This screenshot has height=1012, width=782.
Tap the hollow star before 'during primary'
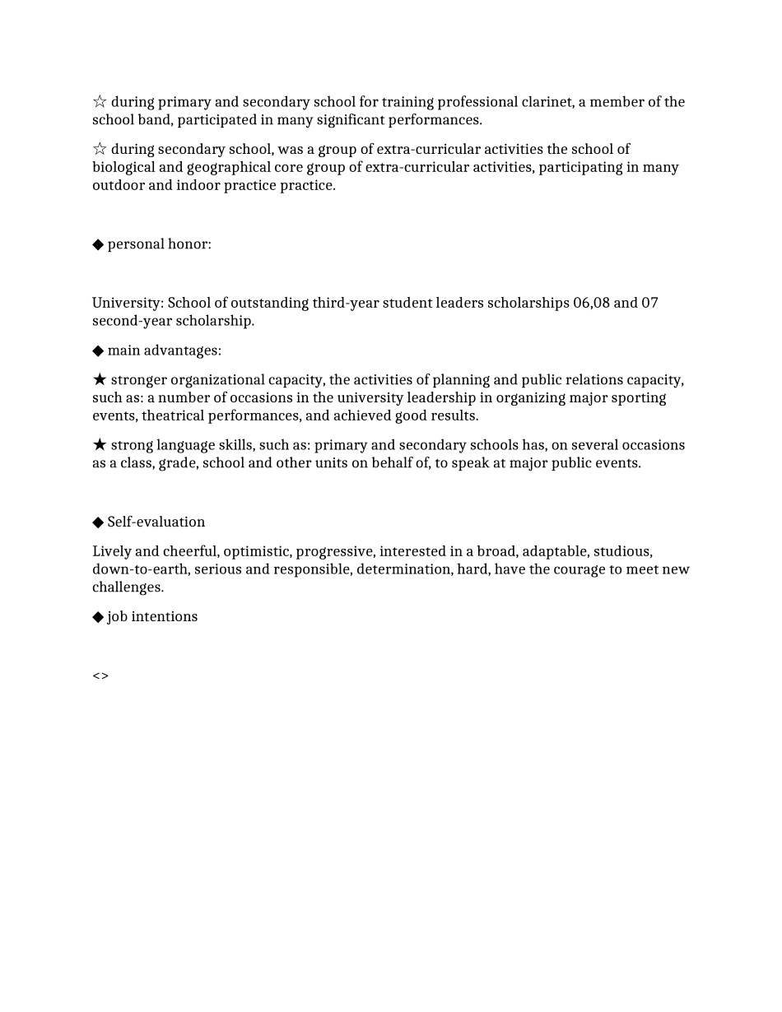pos(100,102)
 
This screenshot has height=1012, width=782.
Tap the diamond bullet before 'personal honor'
pos(98,244)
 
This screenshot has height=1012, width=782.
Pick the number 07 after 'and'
pos(649,303)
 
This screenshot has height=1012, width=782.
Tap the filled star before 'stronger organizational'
pos(100,379)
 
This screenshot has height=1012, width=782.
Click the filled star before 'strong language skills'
pos(100,445)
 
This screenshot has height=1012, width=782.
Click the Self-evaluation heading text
pos(156,522)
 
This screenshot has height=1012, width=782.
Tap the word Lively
pos(112,551)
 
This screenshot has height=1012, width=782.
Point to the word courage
pos(580,569)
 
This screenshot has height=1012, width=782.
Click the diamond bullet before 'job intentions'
pos(98,617)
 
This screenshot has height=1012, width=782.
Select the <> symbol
pos(100,676)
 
